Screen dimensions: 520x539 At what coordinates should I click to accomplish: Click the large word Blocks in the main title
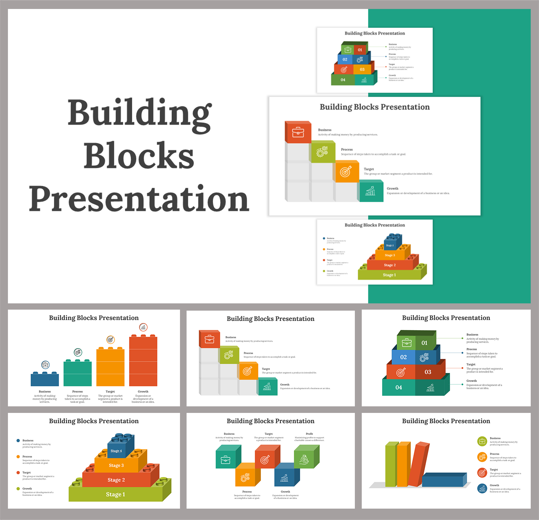point(139,156)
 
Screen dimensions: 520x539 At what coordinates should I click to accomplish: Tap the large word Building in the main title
point(139,114)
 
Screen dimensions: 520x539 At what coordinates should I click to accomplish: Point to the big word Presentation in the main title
point(139,199)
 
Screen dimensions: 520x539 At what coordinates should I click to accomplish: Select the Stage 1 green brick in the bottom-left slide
point(116,494)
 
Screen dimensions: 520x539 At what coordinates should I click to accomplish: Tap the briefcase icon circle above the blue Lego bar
point(45,365)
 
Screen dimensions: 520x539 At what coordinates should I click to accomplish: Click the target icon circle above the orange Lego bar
point(110,340)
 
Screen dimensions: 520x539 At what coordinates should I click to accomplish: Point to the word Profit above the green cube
point(309,434)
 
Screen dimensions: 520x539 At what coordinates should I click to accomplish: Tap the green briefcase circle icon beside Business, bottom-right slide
point(482,441)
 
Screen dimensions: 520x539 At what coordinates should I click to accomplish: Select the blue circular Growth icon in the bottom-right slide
point(482,488)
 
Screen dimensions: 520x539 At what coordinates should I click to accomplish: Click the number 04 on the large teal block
point(399,387)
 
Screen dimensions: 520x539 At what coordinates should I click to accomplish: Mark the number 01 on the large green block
point(424,343)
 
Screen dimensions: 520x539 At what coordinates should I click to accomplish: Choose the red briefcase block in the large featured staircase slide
point(298,133)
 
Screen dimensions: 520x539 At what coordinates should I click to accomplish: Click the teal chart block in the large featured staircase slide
point(370,191)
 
